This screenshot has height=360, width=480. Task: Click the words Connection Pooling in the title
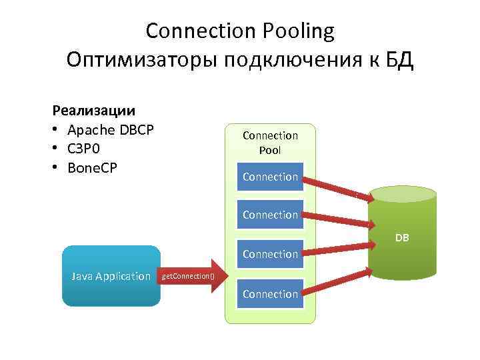point(240,31)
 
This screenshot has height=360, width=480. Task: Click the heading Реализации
point(94,109)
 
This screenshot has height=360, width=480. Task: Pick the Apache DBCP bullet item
point(111,129)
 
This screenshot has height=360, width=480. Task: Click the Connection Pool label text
point(270,143)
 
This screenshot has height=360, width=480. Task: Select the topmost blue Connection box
point(270,177)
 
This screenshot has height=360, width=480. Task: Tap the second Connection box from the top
point(270,215)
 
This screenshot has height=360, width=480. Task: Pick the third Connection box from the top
point(270,254)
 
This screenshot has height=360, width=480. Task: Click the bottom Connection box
point(270,294)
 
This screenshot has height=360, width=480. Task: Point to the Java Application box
point(111,276)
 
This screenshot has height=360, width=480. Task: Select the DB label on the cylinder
point(402,238)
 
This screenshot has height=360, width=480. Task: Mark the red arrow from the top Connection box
point(337,188)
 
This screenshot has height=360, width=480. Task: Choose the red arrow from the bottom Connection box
point(337,282)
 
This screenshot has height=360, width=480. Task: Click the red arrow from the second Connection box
point(337,218)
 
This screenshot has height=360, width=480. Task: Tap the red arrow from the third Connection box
point(337,249)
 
